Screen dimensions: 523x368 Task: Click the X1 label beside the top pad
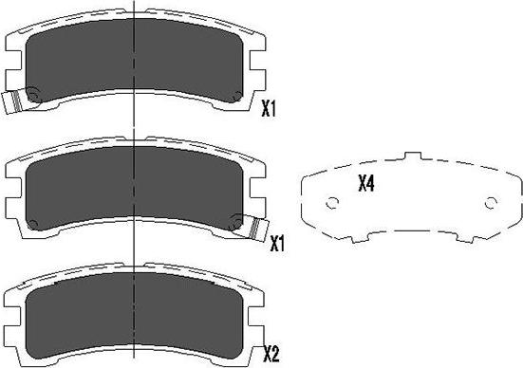pos(269,109)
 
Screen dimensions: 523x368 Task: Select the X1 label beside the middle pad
pos(277,244)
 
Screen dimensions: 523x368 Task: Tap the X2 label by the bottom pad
pos(271,354)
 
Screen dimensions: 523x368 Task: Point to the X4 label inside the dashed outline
pos(366,183)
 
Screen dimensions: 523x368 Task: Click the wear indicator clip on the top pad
pos(11,102)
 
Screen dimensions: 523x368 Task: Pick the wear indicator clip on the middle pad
pos(257,228)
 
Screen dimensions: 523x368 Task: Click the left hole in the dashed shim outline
pos(332,202)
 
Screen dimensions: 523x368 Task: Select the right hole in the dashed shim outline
pos(491,202)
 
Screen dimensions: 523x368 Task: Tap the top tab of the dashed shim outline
pos(413,156)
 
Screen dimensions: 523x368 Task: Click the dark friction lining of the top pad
pos(134,59)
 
